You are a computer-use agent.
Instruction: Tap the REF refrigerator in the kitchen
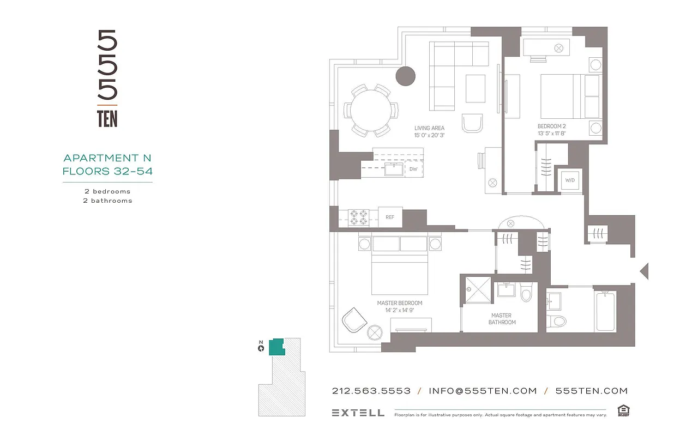click(x=390, y=217)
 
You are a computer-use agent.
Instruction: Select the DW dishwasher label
click(x=413, y=169)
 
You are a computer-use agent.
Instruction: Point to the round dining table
click(x=370, y=111)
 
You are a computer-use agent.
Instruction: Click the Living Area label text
click(x=429, y=129)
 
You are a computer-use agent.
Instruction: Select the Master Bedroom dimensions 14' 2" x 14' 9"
click(x=399, y=310)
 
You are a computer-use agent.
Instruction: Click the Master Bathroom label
click(x=501, y=319)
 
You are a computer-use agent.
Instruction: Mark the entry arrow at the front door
click(x=644, y=270)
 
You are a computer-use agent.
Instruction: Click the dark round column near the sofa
click(x=405, y=76)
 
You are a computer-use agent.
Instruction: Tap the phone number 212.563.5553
click(x=371, y=391)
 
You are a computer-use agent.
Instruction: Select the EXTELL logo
click(x=358, y=413)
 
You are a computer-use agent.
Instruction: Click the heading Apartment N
click(x=107, y=158)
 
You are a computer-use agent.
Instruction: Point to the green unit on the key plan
click(x=277, y=347)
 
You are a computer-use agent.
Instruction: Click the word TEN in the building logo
click(x=107, y=119)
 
